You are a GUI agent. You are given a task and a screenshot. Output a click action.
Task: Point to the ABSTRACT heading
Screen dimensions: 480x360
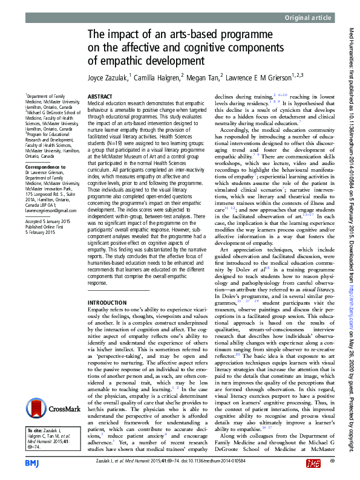pyautogui.click(x=100, y=96)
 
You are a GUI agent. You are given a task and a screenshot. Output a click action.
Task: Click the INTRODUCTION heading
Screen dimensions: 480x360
pyautogui.click(x=107, y=302)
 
